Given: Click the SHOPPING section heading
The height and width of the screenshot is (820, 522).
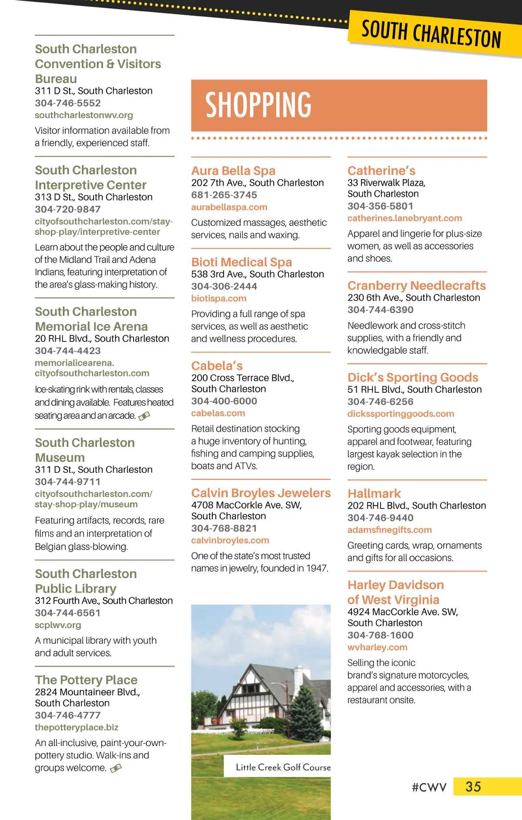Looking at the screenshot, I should click(258, 105).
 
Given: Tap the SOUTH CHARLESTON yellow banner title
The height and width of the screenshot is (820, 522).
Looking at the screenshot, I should click(431, 34).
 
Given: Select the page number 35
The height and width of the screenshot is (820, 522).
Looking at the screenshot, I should click(473, 787).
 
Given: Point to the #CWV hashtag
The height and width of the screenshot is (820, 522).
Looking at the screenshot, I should click(429, 787).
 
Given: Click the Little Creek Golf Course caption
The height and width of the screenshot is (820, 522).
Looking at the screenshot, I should click(283, 767).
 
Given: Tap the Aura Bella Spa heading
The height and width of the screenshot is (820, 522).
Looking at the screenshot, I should click(233, 171).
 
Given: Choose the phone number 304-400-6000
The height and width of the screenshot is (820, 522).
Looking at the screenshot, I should click(224, 401).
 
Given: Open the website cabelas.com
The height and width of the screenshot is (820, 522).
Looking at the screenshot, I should click(218, 413).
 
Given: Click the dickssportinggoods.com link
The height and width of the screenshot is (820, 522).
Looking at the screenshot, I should click(401, 414).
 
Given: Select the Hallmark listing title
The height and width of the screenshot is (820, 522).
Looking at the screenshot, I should click(374, 493).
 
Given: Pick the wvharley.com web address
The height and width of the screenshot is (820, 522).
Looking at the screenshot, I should click(377, 647).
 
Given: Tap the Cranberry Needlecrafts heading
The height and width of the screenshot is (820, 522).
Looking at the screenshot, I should click(416, 285).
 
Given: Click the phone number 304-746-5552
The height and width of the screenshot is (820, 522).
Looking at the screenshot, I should click(68, 103).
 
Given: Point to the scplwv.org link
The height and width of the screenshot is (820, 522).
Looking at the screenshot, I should click(58, 625).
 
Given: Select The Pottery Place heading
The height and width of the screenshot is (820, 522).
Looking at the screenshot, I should click(86, 680).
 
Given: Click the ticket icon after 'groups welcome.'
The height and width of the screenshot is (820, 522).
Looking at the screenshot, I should click(116, 769).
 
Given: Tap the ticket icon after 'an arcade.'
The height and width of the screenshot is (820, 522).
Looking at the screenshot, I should click(144, 416).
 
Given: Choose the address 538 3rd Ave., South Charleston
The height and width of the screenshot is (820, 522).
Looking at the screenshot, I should click(258, 274).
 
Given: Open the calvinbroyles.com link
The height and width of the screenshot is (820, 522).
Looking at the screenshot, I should click(230, 540).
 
